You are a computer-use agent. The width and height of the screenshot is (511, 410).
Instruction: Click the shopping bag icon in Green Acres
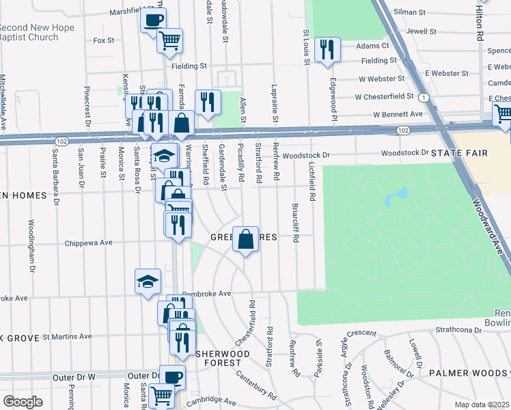pyautogui.click(x=246, y=240)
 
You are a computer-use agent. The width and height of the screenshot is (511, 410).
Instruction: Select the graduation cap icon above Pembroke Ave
pyautogui.click(x=148, y=282)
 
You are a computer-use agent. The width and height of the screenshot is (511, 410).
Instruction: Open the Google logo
pyautogui.click(x=23, y=401)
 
